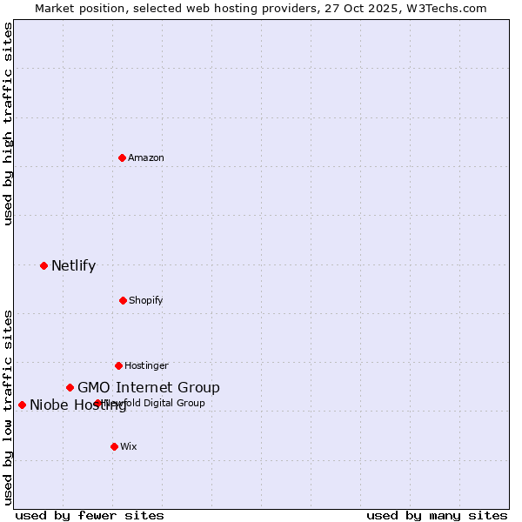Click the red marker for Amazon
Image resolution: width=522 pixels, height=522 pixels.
pos(123,157)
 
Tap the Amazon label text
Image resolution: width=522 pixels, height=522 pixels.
pos(146,157)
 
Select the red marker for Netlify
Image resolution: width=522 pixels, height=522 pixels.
pos(43,265)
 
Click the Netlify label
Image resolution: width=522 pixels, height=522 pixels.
pos(73,266)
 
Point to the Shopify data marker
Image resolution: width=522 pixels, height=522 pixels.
pos(123,300)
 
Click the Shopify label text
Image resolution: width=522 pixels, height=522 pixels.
pos(146,300)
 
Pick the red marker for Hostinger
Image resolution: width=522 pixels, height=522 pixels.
pos(118,365)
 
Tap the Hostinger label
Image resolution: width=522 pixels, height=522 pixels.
pos(146,365)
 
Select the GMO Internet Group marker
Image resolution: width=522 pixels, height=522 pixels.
pos(70,387)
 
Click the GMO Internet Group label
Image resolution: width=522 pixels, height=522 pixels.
pos(149,388)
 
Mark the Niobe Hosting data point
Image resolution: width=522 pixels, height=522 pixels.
pos(22,405)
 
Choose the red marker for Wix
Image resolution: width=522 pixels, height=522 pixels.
pos(114,446)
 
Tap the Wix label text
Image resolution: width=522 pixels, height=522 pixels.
pos(129,446)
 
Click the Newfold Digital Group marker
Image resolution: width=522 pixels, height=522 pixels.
pos(97,403)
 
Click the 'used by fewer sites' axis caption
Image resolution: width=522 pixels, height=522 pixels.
pos(90,515)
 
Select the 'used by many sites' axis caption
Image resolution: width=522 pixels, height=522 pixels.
pos(437,515)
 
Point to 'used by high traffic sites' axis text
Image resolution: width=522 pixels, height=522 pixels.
pos(8,124)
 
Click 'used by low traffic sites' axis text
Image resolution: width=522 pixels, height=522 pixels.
pos(8,406)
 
